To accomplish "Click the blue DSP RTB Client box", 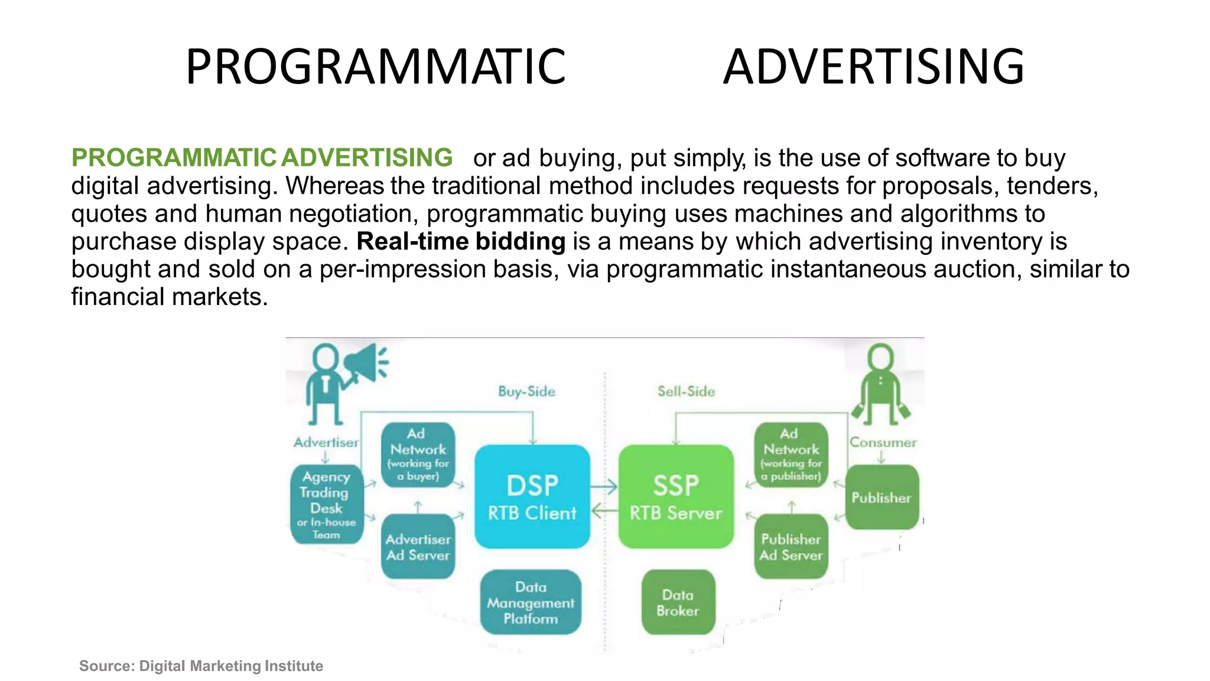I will point(532,497).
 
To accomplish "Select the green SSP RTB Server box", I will point(676,497).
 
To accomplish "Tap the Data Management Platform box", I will point(531,602).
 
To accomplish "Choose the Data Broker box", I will point(678,602).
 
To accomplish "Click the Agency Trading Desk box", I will point(327,504).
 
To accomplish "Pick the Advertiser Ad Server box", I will point(418,547).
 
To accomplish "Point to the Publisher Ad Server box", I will point(791,547).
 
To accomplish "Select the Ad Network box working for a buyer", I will point(418,454).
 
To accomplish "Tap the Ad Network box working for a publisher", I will point(791,454).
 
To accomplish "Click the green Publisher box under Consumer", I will point(882,497).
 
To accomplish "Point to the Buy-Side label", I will point(526,391).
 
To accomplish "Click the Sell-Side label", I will point(686,391).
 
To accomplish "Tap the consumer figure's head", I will point(880,357).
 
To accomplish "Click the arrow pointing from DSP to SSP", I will point(604,487).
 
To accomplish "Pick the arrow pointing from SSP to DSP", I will point(604,510).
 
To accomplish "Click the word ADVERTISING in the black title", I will point(873,66).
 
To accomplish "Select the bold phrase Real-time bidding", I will point(461,241).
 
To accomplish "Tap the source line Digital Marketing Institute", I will point(201,666).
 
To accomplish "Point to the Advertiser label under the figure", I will point(326,442).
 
